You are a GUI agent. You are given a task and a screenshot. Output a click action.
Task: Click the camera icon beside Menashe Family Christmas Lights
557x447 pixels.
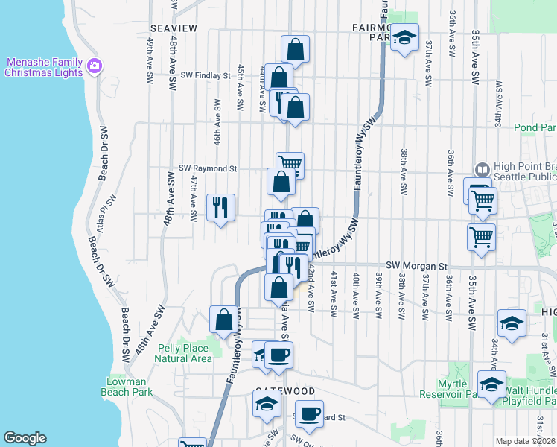(x=95, y=66)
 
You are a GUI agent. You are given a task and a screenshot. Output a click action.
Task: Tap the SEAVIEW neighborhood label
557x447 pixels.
(x=174, y=28)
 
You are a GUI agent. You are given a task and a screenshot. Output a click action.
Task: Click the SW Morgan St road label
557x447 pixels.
(x=416, y=265)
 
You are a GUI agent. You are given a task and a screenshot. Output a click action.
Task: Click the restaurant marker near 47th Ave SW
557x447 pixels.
(x=221, y=208)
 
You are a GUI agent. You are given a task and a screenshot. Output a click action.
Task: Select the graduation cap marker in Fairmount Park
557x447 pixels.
(x=404, y=37)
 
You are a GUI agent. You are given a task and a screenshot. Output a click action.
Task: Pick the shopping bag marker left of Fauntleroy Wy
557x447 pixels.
(x=224, y=320)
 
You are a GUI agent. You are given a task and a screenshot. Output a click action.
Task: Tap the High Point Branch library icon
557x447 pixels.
(x=482, y=170)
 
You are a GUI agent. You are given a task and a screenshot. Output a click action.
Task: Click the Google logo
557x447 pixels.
(x=25, y=438)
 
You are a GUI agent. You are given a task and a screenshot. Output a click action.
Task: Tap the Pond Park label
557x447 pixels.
(x=535, y=127)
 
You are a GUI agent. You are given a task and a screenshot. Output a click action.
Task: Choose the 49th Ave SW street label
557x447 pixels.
(x=150, y=63)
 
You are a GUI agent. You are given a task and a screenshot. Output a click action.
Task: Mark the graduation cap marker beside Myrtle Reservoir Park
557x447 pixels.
(x=492, y=384)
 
